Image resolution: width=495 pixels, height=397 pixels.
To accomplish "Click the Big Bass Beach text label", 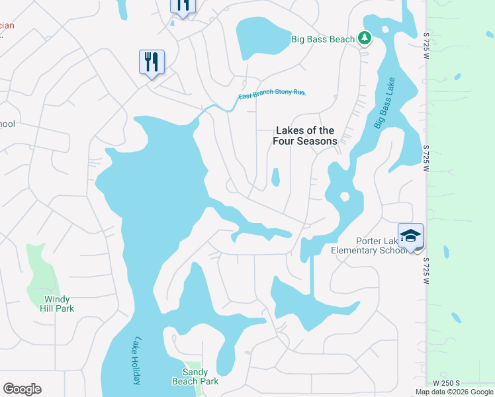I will pyautogui.click(x=324, y=39).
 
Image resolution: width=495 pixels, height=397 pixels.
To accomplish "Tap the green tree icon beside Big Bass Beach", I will pyautogui.click(x=364, y=39).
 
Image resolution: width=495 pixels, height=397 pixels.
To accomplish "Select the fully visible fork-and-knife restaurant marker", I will pyautogui.click(x=152, y=63).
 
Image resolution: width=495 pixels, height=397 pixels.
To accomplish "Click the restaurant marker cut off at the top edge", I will pyautogui.click(x=183, y=6).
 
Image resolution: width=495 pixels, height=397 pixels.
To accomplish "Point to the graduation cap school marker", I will pyautogui.click(x=410, y=236).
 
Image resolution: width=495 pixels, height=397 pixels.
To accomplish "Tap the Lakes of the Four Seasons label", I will pyautogui.click(x=305, y=136).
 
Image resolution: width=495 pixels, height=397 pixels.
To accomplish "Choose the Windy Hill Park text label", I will pyautogui.click(x=55, y=304).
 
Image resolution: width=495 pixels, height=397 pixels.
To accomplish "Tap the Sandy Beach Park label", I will pyautogui.click(x=195, y=376).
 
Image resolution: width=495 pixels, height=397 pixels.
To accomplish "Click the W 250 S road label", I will pyautogui.click(x=447, y=383).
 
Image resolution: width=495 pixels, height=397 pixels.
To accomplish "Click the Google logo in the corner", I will pyautogui.click(x=22, y=388).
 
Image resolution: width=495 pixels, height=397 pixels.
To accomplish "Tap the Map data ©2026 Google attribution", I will pyautogui.click(x=454, y=392).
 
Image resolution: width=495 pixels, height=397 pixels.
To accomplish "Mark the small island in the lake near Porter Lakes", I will pyautogui.click(x=343, y=197).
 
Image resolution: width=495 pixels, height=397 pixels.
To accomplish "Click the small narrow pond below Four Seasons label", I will pyautogui.click(x=275, y=177).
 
